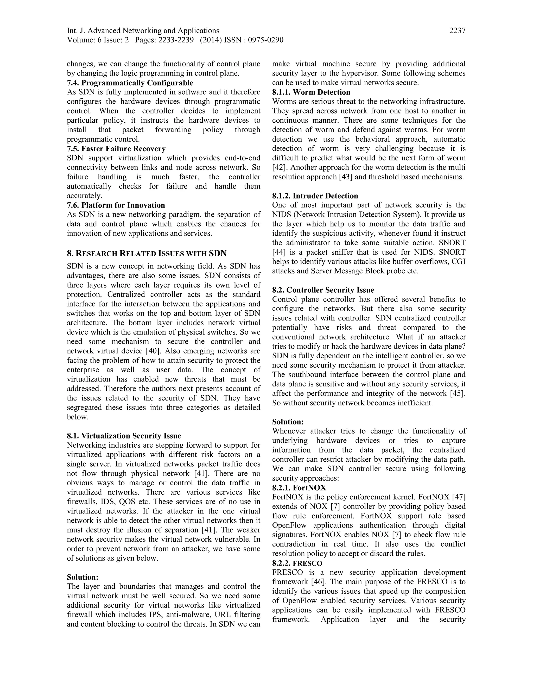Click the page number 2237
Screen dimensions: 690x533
point(457,31)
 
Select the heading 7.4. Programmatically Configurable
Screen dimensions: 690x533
point(130,83)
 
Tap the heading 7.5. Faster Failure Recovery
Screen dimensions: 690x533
point(116,148)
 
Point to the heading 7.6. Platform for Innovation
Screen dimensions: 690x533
point(116,205)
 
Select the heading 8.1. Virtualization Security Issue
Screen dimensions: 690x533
point(124,436)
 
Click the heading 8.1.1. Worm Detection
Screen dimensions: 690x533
point(311,92)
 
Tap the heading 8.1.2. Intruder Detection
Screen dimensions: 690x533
point(315,196)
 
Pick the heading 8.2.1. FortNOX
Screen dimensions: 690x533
point(299,487)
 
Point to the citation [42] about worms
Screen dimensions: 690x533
point(279,167)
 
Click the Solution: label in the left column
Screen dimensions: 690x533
point(83,577)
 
